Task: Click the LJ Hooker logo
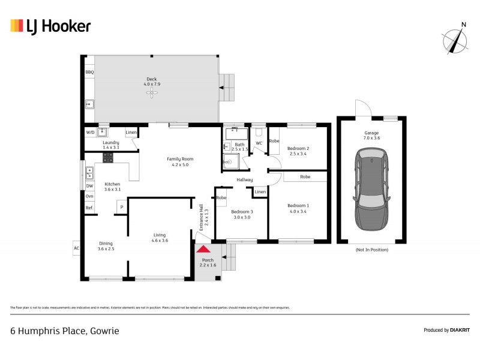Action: [50, 26]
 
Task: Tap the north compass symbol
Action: [455, 40]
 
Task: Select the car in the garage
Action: [372, 190]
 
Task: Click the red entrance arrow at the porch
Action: [204, 249]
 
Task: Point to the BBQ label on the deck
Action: [89, 72]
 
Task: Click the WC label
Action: [259, 143]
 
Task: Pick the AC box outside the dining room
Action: [76, 248]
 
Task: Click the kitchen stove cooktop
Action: [109, 158]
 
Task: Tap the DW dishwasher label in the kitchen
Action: [89, 186]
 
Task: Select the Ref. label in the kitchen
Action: [89, 208]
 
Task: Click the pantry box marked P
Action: [122, 207]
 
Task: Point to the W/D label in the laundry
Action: [90, 131]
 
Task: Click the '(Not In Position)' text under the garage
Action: [372, 249]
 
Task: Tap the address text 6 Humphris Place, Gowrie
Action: [65, 330]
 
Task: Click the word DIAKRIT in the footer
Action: [459, 330]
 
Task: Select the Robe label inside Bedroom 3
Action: [221, 197]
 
